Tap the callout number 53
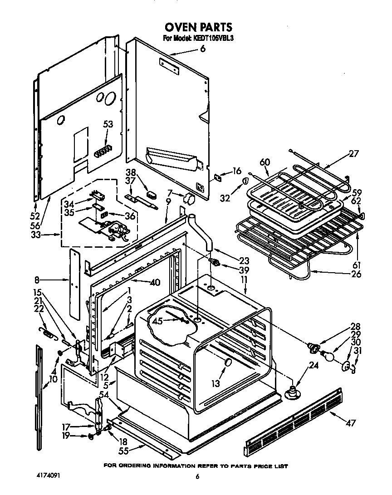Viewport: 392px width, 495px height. click(108, 124)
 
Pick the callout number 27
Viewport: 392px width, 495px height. click(353, 153)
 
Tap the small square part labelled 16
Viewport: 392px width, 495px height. click(218, 177)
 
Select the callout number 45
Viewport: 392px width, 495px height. click(157, 322)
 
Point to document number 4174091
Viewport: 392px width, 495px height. click(48, 476)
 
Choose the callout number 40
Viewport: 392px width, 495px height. click(155, 282)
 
